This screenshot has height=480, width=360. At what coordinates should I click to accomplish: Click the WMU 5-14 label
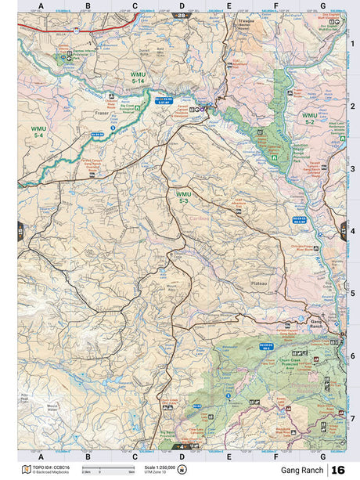tap(138, 77)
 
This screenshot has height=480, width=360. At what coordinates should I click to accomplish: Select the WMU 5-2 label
tap(308, 118)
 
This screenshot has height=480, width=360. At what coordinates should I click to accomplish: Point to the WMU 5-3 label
tap(183, 198)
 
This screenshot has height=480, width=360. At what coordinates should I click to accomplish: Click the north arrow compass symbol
tap(182, 470)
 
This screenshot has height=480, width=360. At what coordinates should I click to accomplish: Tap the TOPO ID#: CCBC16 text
tap(49, 467)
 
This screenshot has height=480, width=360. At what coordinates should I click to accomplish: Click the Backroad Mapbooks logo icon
tap(27, 470)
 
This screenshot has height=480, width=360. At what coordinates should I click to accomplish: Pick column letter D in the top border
tap(182, 6)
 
